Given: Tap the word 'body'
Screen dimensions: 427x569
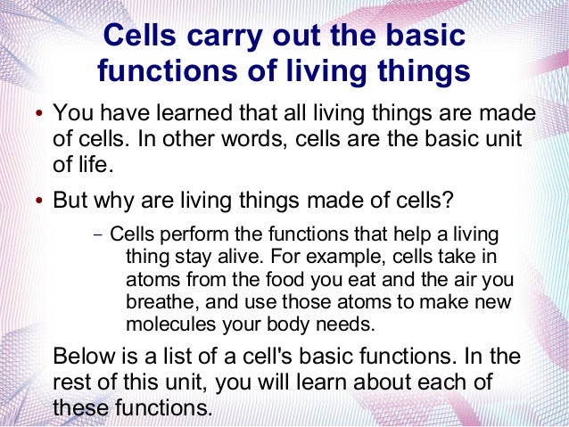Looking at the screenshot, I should coord(275,321).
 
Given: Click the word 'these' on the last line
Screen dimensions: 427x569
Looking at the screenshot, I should coord(79,407).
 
